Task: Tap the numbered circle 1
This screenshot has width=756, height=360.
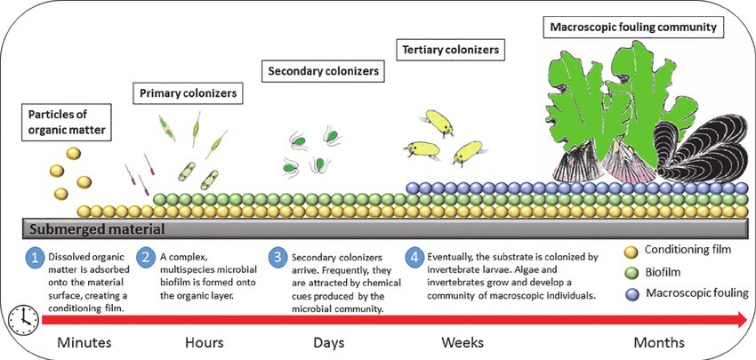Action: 35,257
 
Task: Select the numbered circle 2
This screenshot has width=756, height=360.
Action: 146,257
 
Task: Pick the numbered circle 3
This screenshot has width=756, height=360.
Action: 280,257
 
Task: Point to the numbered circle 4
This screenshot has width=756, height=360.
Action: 414,257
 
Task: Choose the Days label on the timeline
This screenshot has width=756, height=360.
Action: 329,342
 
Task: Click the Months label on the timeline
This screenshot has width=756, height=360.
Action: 659,342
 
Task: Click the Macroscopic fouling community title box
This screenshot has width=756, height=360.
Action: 632,28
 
